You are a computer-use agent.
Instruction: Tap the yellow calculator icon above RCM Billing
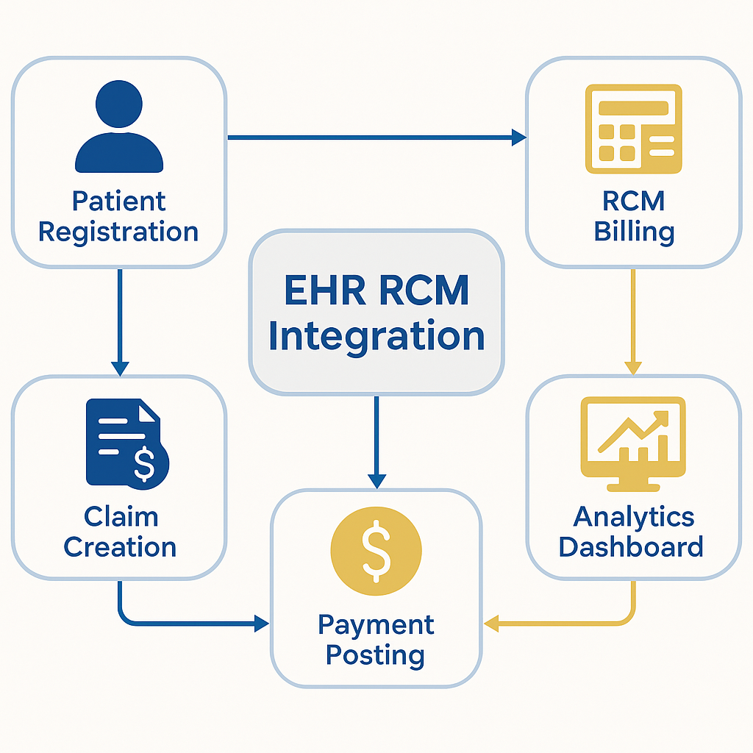(x=633, y=128)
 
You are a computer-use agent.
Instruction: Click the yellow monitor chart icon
(x=633, y=443)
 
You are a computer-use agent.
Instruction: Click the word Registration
(x=118, y=232)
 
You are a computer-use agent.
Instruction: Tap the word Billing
(x=634, y=232)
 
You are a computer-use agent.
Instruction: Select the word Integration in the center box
(x=376, y=335)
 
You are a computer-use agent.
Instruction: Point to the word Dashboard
(x=631, y=547)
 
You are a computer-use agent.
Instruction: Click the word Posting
(x=375, y=654)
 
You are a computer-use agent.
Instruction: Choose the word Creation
(x=120, y=547)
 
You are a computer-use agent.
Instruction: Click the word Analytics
(x=634, y=516)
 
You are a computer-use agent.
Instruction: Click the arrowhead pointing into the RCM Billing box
(x=519, y=137)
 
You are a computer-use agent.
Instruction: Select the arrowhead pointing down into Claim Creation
(x=120, y=368)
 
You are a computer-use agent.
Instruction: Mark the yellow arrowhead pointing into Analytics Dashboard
(x=633, y=368)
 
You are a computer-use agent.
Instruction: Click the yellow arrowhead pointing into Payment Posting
(x=491, y=624)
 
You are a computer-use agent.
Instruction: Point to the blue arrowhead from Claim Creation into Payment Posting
(x=261, y=624)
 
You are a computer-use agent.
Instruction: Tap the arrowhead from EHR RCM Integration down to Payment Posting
(x=376, y=481)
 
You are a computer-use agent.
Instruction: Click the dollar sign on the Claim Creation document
(x=144, y=463)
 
